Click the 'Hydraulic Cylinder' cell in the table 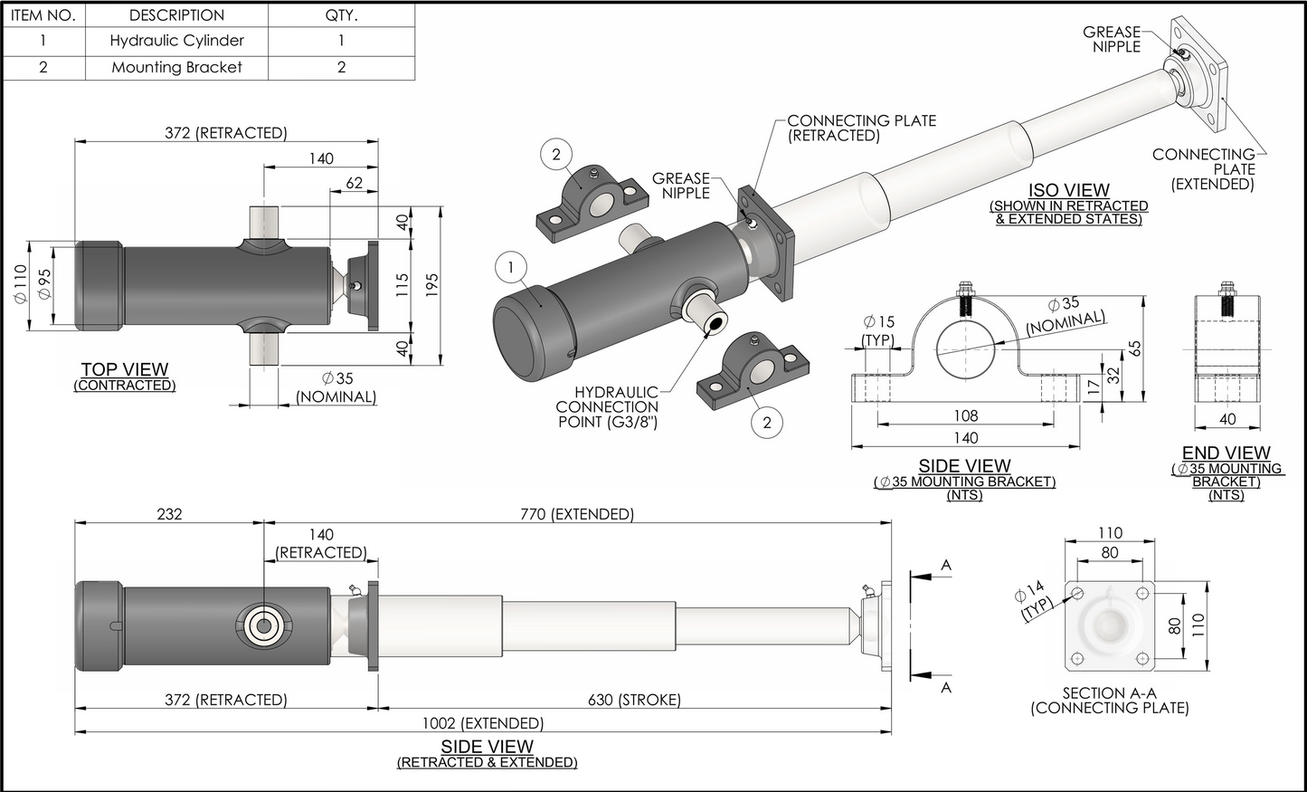176,41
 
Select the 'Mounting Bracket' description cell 176,67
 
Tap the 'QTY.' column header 341,15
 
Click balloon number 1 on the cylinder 512,267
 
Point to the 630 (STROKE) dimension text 634,700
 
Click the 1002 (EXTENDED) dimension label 483,723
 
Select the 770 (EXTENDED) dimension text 577,514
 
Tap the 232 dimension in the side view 169,514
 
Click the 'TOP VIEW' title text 125,369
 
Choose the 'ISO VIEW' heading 1069,190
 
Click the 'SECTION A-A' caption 1109,693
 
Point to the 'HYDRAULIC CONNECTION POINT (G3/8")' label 608,406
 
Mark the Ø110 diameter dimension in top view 21,284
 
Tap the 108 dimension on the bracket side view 966,415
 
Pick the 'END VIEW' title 1226,453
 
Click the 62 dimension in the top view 354,183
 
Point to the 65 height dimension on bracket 1135,348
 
